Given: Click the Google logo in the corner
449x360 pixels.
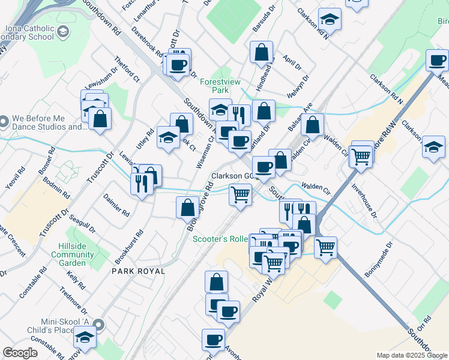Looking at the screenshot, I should pos(20,353).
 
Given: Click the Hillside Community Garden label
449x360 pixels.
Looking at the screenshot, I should pos(73,254).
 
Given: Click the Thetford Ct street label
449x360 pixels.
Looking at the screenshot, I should pos(127,69).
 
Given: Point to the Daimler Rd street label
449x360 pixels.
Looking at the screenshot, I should pos(116,204).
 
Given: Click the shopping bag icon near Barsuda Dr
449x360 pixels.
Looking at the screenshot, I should pos(262,53).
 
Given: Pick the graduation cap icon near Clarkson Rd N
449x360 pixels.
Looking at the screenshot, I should pos(329,19).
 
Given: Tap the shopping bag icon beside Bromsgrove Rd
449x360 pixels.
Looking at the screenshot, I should pos(188,207).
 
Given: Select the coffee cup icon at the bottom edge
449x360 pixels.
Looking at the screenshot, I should pos(212,340).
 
